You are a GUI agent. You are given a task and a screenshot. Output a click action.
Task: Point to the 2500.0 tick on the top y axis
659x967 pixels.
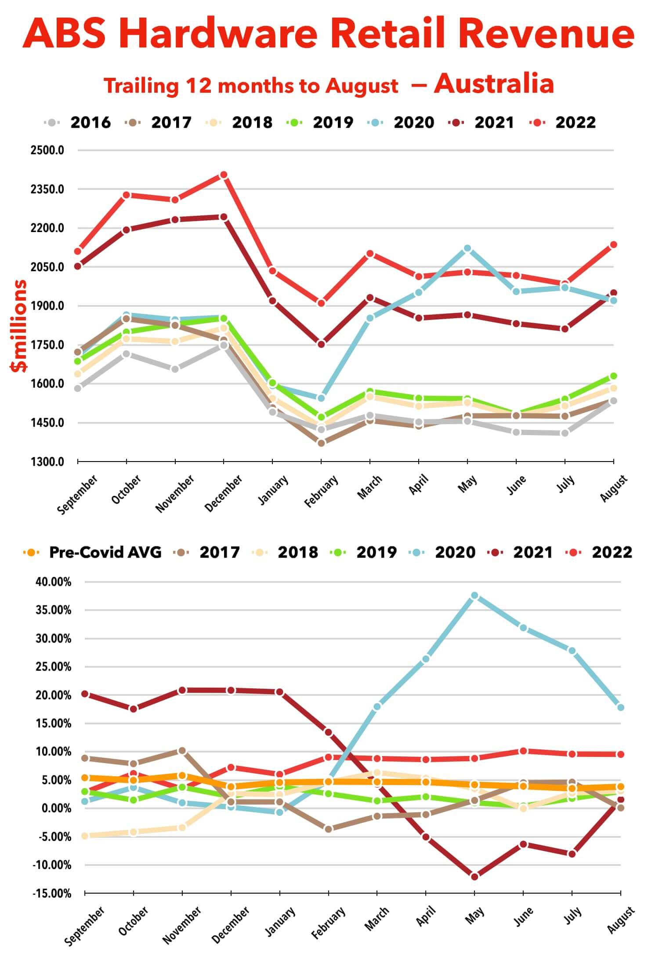point(47,150)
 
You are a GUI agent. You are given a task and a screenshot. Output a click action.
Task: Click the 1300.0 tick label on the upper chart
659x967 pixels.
point(47,462)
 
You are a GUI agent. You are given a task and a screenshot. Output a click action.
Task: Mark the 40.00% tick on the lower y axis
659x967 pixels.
point(53,582)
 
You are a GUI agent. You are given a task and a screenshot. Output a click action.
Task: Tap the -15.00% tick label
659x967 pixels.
point(51,893)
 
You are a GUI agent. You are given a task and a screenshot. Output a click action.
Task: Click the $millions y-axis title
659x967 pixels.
point(19,326)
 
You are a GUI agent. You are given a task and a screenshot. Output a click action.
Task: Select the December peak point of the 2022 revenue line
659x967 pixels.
point(224,175)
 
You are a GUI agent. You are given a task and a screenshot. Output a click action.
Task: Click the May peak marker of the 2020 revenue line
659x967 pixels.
point(467,249)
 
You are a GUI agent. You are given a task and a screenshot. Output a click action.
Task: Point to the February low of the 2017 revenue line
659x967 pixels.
point(321,443)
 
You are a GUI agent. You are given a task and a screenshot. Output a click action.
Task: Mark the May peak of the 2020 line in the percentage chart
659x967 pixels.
point(474,596)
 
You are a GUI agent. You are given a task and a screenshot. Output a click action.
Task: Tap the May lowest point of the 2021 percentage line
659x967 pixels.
point(474,877)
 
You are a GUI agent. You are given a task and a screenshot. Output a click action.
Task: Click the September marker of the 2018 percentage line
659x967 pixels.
point(85,836)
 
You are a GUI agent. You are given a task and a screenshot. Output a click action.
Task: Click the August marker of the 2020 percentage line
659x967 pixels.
point(621,707)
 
